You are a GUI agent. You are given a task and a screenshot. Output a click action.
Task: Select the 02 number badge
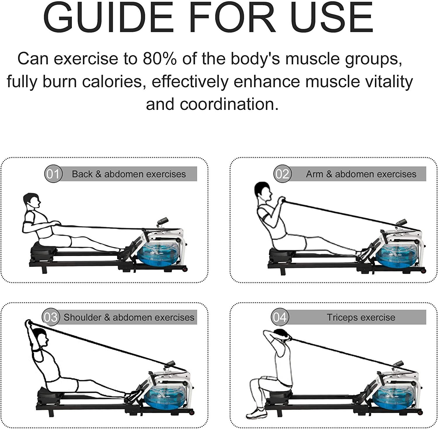click(x=282, y=174)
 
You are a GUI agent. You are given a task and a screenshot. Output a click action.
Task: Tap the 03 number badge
click(x=51, y=317)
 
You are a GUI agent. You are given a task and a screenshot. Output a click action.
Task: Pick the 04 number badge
click(x=280, y=317)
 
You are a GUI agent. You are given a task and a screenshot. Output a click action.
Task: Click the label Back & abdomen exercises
click(x=129, y=174)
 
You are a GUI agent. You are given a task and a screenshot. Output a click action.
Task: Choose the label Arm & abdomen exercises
click(x=361, y=174)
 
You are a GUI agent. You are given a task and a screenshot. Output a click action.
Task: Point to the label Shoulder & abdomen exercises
click(x=129, y=317)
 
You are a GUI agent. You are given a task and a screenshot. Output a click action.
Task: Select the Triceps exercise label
click(x=361, y=317)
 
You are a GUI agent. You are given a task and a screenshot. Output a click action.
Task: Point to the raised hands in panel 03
click(x=28, y=323)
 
